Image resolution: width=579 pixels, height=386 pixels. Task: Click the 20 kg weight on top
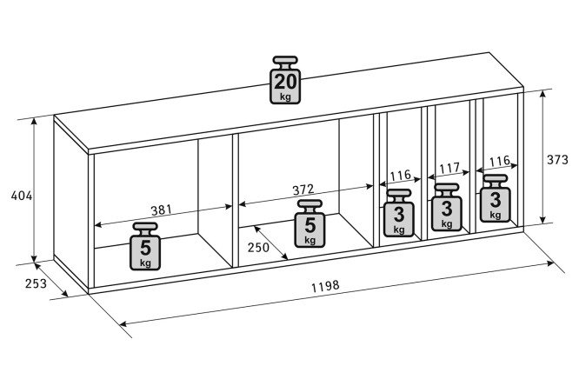tap(285, 80)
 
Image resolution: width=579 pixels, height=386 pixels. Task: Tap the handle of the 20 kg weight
tap(285, 61)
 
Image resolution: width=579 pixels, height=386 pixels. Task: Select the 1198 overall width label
tap(325, 286)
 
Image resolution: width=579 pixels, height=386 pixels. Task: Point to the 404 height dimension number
tap(22, 196)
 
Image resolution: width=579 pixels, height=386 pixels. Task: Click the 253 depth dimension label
tap(36, 283)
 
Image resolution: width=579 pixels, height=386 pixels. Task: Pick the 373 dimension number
tap(557, 160)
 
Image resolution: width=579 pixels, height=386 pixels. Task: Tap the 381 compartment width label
tap(162, 210)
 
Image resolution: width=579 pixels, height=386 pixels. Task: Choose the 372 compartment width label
tap(303, 190)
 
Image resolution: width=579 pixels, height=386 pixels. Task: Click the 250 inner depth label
tap(258, 247)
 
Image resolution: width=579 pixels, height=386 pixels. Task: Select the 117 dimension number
tap(449, 169)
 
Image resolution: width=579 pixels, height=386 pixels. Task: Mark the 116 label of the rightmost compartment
tap(500, 162)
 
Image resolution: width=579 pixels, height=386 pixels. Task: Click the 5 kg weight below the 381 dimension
tap(145, 246)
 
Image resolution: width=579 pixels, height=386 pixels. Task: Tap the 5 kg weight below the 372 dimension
tap(309, 223)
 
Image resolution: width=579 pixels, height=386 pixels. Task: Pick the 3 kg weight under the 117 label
tap(447, 207)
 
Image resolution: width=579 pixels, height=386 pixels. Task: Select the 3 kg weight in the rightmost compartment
tap(496, 198)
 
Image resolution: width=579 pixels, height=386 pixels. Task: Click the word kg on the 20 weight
tap(285, 97)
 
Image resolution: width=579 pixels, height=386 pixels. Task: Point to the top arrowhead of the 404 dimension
tap(34, 122)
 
